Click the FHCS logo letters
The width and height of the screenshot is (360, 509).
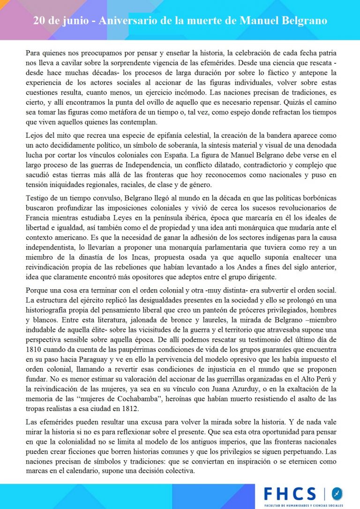pyautogui.click(x=290, y=493)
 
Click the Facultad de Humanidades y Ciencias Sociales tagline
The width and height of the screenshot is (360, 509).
pyautogui.click(x=304, y=505)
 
